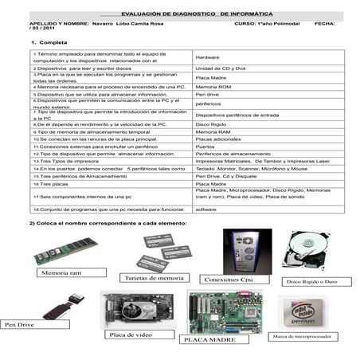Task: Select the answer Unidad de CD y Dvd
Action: [x=220, y=70]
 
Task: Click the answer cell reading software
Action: [x=206, y=209]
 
